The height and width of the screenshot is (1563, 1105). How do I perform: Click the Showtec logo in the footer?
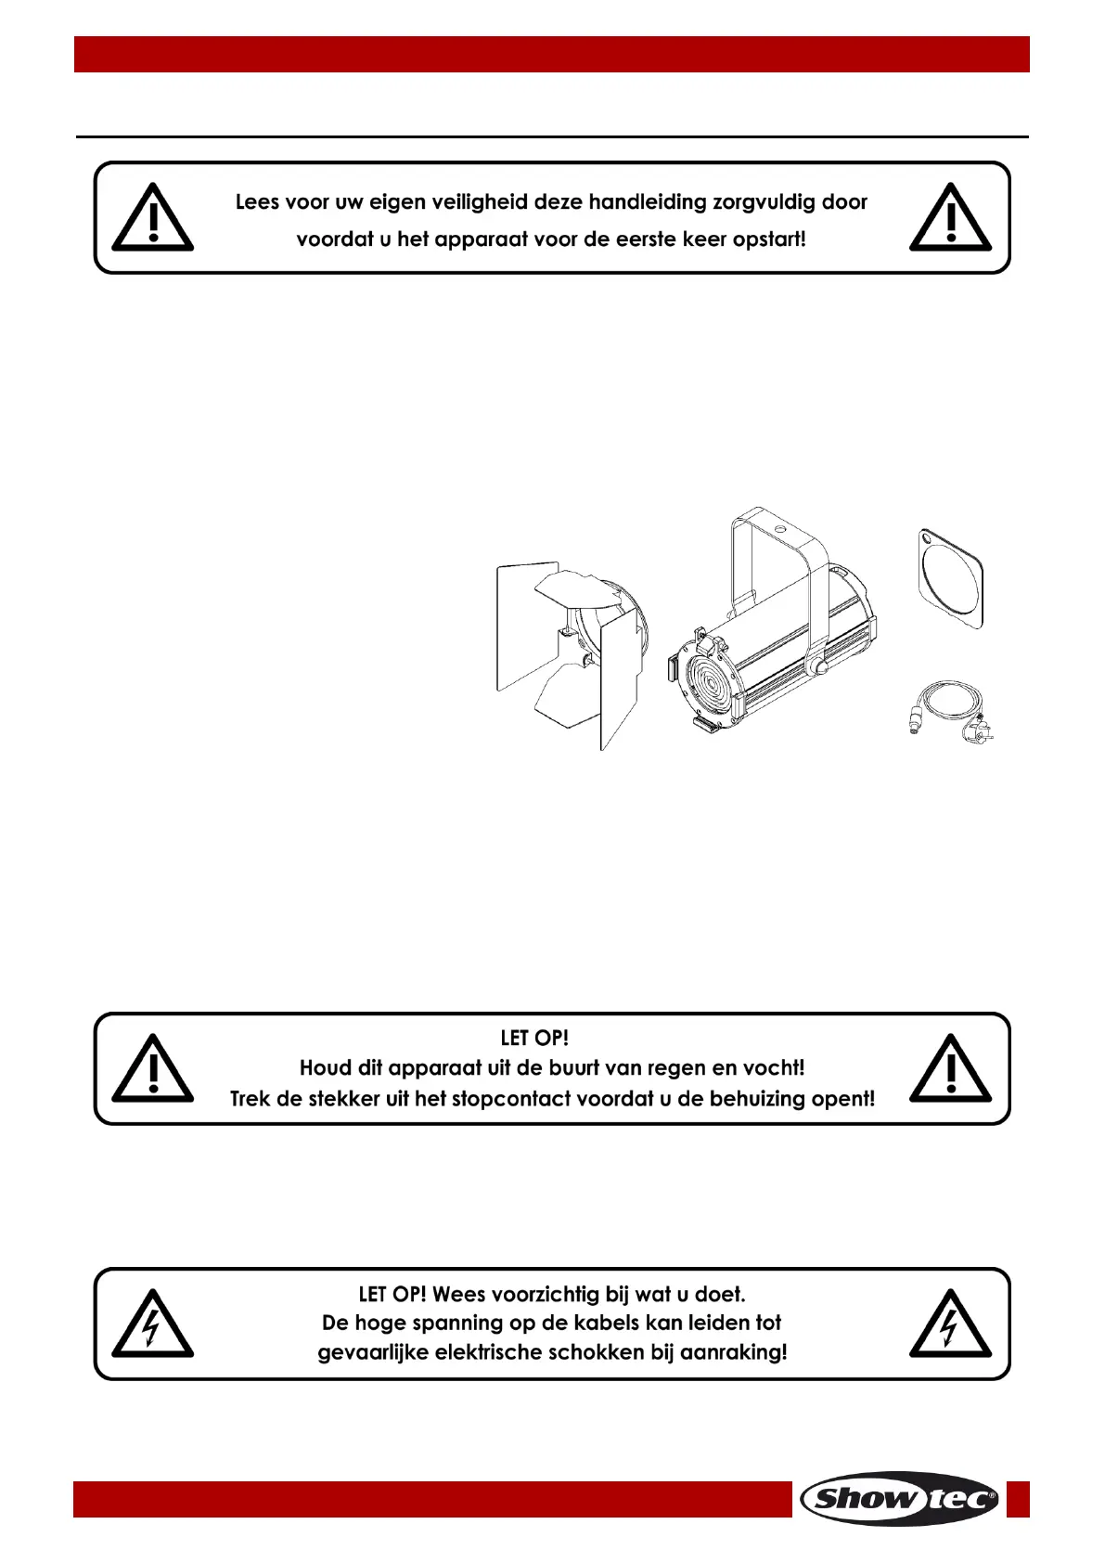[899, 1498]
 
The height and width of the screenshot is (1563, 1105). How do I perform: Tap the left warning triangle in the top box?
[152, 219]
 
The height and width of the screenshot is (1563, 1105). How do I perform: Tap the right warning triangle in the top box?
[950, 219]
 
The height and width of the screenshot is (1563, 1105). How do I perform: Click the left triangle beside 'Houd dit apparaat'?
[152, 1069]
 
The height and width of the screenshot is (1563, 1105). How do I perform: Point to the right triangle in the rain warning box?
[950, 1069]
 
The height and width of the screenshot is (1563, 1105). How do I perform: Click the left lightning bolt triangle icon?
[152, 1324]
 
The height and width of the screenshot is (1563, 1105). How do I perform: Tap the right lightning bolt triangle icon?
[950, 1324]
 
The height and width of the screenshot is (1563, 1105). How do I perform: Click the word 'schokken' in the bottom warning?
[597, 1352]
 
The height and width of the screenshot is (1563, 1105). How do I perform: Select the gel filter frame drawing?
[949, 578]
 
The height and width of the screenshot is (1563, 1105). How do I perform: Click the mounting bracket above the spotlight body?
[777, 548]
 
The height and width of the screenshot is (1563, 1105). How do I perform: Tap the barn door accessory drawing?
[568, 650]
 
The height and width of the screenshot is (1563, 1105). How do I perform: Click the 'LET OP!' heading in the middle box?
[534, 1038]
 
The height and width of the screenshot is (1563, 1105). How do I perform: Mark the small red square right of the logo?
[1018, 1499]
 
